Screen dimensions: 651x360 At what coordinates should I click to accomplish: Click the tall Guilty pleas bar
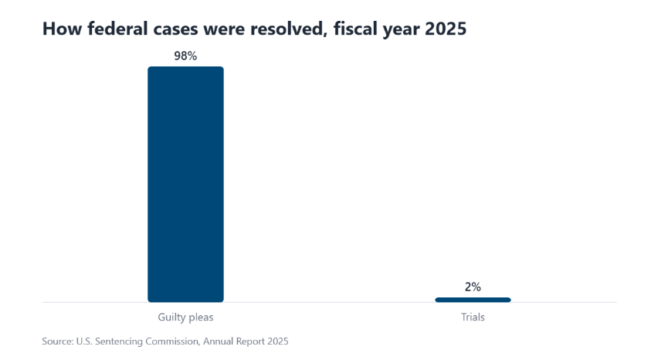(x=185, y=184)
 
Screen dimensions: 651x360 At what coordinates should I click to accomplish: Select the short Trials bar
(x=473, y=300)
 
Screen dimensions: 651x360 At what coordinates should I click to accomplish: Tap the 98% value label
(x=185, y=56)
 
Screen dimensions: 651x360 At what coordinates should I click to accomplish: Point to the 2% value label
(x=473, y=287)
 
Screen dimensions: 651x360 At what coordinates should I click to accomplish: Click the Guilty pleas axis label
(x=185, y=318)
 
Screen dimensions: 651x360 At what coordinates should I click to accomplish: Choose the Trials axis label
(x=473, y=318)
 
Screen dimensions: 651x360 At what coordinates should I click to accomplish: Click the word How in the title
(x=62, y=29)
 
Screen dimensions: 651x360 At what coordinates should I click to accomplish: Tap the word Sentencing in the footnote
(x=119, y=341)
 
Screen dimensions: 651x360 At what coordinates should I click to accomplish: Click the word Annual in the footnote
(x=218, y=341)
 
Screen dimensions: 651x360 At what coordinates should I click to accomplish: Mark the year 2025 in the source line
(x=278, y=341)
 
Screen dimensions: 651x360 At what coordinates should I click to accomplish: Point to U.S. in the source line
(x=84, y=341)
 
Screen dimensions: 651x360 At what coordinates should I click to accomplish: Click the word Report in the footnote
(x=250, y=341)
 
